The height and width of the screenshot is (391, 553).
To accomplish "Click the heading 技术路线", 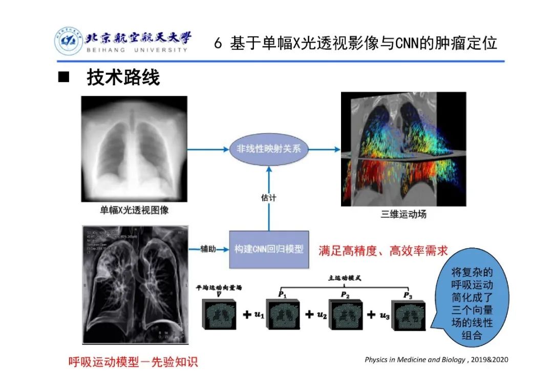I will tap(123, 78).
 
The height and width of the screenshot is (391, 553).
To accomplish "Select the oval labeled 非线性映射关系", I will tap(265, 150).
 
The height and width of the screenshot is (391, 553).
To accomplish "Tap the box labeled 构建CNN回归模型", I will tap(269, 249).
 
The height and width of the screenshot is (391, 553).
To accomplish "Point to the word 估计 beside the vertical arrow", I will tap(268, 197).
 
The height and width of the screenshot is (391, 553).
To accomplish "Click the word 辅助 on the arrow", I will tap(208, 249).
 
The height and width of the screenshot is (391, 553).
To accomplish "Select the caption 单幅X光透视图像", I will tap(134, 210).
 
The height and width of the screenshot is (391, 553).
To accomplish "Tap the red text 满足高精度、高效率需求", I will tap(383, 251).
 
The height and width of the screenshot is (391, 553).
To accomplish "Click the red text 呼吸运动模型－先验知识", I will tap(133, 362).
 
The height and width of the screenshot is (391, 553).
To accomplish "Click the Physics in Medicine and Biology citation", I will tap(436, 359).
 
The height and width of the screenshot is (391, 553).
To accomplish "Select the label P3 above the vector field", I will tap(408, 295).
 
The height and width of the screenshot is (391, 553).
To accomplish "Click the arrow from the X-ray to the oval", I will tap(207, 150).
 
